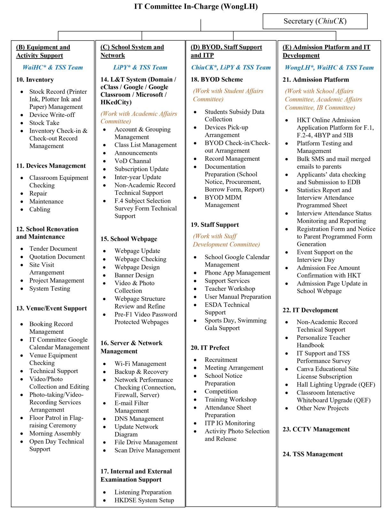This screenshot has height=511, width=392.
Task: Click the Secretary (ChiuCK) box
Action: [315, 21]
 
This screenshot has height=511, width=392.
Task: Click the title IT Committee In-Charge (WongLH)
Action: [196, 6]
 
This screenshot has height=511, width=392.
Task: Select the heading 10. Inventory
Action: [35, 80]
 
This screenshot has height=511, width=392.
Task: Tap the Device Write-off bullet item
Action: [52, 115]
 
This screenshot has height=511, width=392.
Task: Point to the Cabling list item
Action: [40, 209]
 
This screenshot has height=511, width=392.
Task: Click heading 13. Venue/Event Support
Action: [51, 308]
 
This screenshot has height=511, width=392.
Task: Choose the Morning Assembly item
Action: [55, 433]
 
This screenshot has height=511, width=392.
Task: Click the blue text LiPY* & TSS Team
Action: [140, 67]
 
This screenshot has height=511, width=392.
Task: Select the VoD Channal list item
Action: [133, 161]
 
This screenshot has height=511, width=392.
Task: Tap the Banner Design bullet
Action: [134, 275]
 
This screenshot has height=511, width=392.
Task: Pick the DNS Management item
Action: [139, 419]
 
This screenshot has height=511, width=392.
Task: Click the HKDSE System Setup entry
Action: [144, 500]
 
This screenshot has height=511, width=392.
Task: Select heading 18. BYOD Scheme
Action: [217, 79]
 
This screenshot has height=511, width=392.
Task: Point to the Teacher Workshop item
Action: [230, 289]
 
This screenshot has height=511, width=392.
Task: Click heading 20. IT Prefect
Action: [210, 347]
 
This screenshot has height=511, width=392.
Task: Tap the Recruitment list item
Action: [221, 360]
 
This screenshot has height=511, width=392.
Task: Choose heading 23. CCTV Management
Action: [316, 429]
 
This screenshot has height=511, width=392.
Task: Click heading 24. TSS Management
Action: [312, 454]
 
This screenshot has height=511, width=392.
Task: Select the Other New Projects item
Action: [322, 408]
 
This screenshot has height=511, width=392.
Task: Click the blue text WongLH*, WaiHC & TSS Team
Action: [329, 67]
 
